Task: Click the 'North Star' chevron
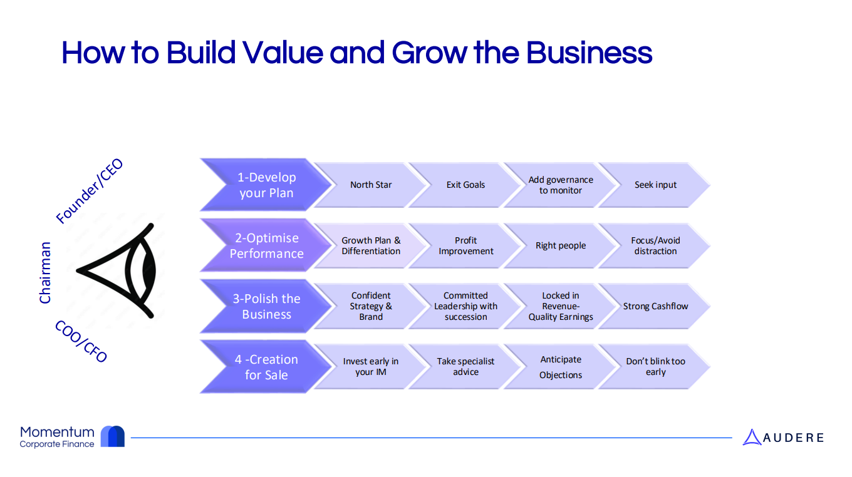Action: tap(371, 185)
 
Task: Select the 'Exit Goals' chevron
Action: tap(465, 185)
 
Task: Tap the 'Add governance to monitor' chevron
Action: tap(561, 185)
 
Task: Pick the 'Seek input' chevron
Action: tap(655, 185)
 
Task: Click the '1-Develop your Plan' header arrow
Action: tap(266, 185)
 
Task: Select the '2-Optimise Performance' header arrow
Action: tap(266, 245)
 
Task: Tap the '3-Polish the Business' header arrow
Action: tap(266, 306)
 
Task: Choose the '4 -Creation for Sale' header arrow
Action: tap(266, 367)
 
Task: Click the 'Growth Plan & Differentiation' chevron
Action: tap(371, 245)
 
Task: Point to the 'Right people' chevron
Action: tap(561, 245)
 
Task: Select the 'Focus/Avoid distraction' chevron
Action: tap(655, 245)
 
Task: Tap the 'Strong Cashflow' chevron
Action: tap(655, 306)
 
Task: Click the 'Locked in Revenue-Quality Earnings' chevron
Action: tap(561, 306)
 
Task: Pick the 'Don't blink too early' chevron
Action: tap(655, 367)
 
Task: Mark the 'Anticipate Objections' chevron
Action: tap(561, 367)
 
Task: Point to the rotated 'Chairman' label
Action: tap(45, 273)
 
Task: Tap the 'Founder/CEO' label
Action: tap(90, 192)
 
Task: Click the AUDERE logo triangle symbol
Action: tap(751, 438)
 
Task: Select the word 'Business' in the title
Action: tap(589, 53)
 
